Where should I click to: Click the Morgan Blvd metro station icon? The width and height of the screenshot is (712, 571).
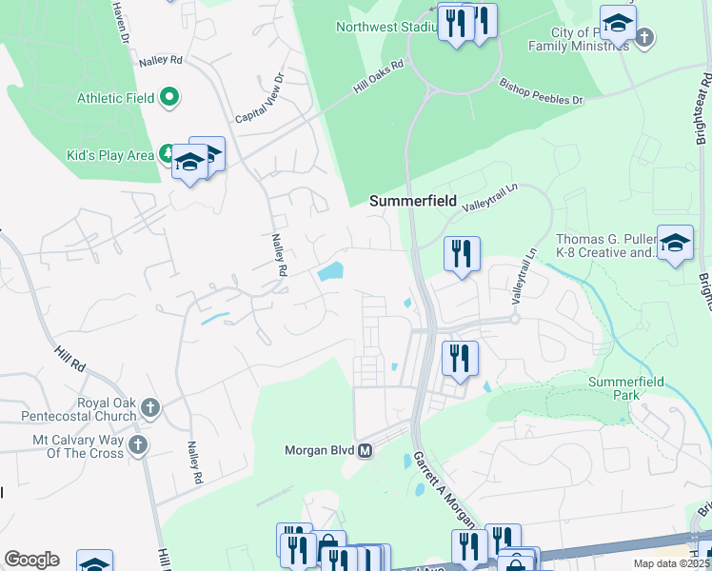[364, 450]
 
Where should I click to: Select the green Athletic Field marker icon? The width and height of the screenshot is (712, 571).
[169, 96]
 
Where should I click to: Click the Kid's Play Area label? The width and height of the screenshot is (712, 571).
[109, 155]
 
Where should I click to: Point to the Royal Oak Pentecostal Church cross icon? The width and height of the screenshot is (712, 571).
[149, 409]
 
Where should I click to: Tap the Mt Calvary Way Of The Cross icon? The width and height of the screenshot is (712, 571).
[137, 445]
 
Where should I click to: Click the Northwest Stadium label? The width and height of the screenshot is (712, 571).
[386, 27]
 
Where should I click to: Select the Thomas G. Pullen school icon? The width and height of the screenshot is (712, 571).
[675, 244]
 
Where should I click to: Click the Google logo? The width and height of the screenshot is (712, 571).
[31, 560]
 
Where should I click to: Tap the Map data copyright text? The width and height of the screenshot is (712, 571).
[672, 563]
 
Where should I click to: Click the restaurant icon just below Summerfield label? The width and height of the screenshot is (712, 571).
[462, 254]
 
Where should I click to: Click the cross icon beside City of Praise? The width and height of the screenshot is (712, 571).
[644, 38]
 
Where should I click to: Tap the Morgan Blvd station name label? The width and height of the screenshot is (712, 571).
[320, 450]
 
